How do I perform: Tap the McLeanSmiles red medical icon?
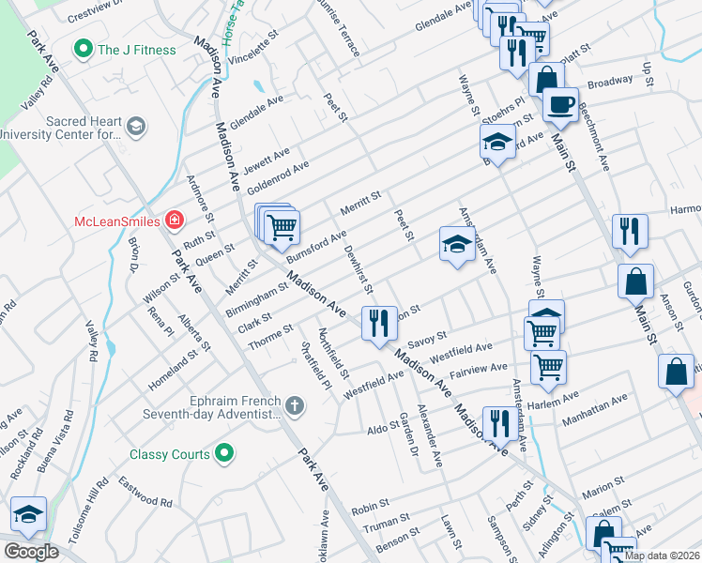click(x=175, y=221)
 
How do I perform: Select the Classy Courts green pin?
click(x=222, y=454)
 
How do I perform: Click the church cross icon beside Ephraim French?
click(x=295, y=405)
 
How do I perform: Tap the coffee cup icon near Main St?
click(x=560, y=104)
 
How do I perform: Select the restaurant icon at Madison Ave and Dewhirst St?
click(x=379, y=324)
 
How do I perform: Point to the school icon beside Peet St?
click(x=456, y=245)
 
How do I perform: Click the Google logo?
click(x=31, y=552)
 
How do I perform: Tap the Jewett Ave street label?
click(x=267, y=160)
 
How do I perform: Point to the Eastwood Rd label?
click(x=145, y=493)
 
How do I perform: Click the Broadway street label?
click(x=610, y=82)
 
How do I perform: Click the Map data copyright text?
click(x=661, y=555)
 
